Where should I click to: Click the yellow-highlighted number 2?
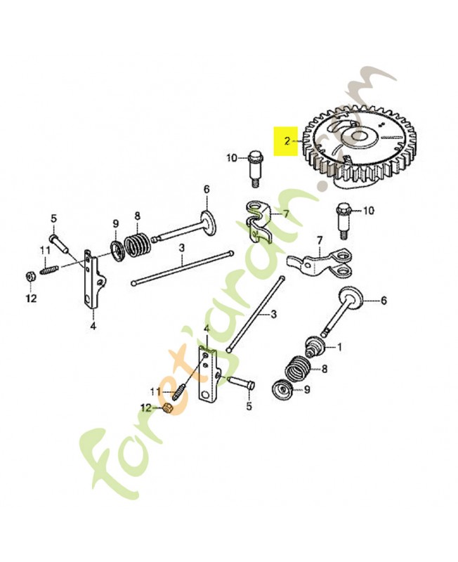(x=287, y=141)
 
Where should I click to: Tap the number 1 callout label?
(x=339, y=346)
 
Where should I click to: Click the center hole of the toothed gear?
(x=358, y=136)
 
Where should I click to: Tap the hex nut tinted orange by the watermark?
(x=166, y=408)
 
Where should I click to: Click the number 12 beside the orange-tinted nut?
(x=147, y=407)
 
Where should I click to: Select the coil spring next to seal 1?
(x=299, y=367)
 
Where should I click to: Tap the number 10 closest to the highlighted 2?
(x=232, y=157)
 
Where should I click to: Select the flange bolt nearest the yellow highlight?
(x=254, y=169)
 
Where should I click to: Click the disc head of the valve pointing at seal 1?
(x=349, y=297)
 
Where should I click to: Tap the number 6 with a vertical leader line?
(x=207, y=189)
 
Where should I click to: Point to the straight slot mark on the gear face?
(x=391, y=136)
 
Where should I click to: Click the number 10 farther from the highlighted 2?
(x=369, y=210)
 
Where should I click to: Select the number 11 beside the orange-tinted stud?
(x=155, y=392)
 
